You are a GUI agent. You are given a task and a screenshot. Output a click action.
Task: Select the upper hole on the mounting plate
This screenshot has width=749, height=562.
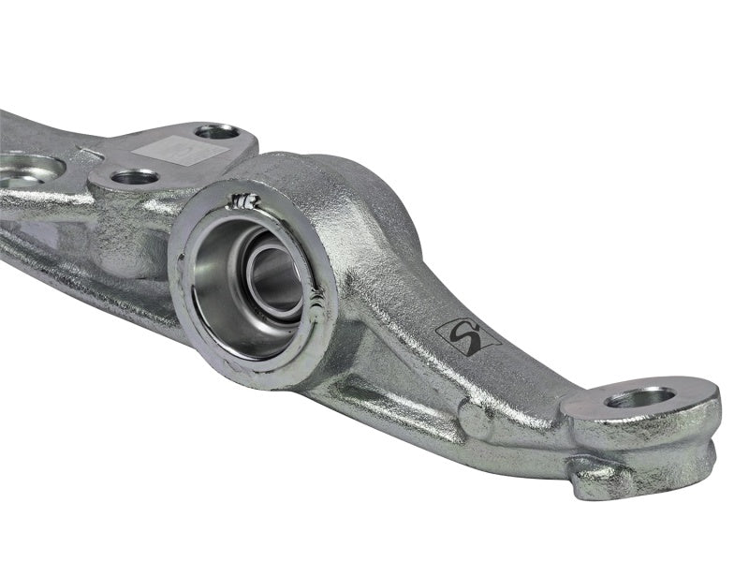215,131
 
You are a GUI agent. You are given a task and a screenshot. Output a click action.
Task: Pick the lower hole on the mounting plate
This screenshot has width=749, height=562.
135,176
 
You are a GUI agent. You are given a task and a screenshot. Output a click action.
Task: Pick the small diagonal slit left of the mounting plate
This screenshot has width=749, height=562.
89,151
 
